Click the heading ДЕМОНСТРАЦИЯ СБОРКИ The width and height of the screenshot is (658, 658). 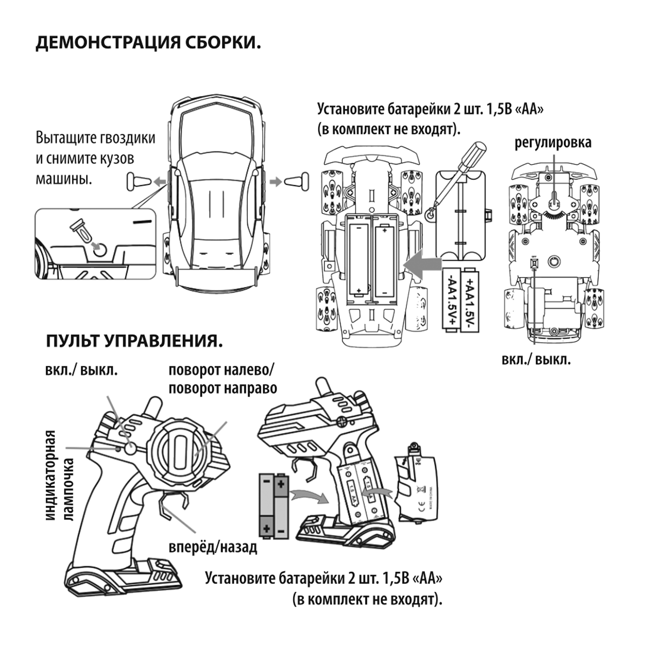point(148,43)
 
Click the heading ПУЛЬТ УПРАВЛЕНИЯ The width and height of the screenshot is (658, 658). point(134,341)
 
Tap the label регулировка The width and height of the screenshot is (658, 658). point(553,143)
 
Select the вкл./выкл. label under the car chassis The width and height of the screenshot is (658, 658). point(536,360)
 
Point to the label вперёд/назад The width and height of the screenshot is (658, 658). point(213,547)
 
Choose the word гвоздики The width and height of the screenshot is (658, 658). point(128,138)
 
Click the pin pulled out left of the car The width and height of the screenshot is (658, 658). point(139,181)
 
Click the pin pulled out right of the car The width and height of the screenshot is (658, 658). point(297,181)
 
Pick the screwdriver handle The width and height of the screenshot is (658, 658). point(475,155)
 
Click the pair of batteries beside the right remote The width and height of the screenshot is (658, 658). point(273,505)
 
